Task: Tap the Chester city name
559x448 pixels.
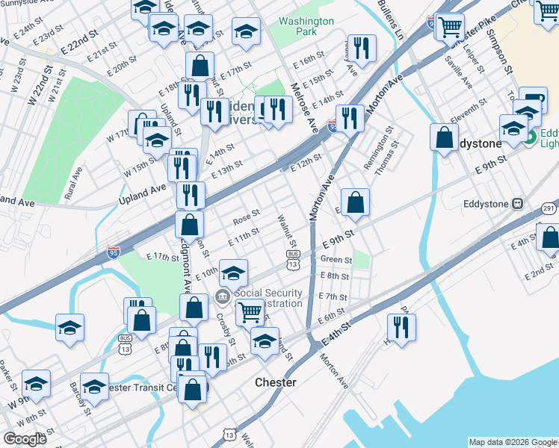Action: tap(275, 382)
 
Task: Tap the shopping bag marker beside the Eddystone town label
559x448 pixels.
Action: tap(445, 137)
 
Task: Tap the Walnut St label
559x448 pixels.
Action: tap(288, 231)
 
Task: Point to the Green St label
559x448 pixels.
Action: tap(336, 260)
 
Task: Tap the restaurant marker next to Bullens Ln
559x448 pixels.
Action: tap(362, 48)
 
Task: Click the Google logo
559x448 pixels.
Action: tap(25, 439)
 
